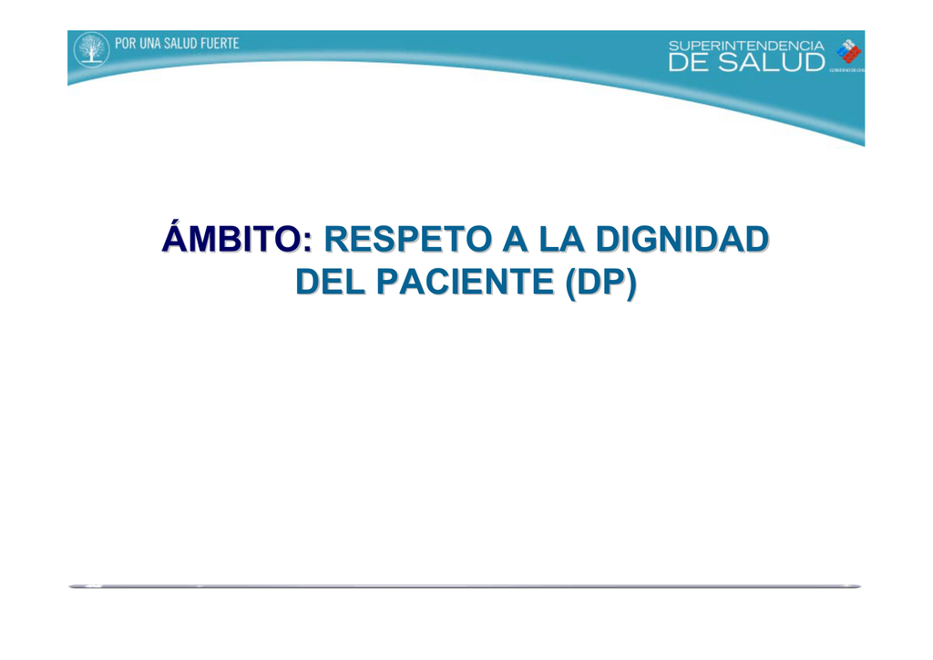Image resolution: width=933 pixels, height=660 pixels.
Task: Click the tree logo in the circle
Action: pos(90,49)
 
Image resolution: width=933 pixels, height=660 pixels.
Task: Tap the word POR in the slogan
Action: pos(125,43)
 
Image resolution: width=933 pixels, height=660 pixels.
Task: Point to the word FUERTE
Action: pos(220,43)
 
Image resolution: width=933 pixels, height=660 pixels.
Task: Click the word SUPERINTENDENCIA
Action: pos(746,46)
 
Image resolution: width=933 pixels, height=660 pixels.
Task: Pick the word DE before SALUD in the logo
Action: pos(690,62)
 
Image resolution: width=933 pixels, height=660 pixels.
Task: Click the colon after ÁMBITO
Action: pos(307,242)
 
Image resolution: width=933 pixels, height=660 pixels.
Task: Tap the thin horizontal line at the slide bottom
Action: pos(465,586)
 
